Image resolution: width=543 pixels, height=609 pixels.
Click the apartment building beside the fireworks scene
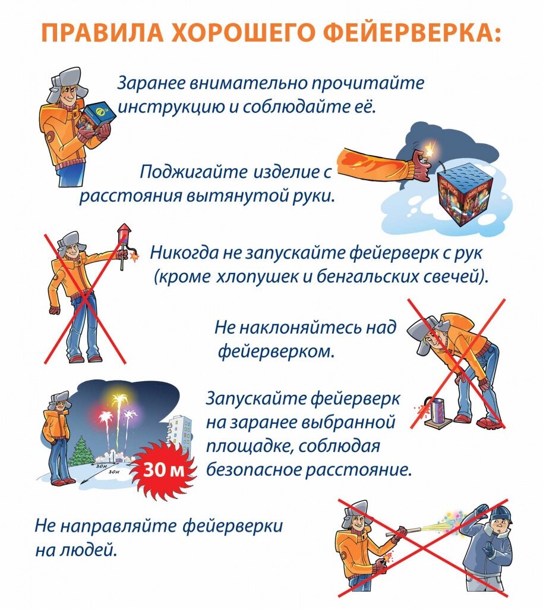(180, 434)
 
